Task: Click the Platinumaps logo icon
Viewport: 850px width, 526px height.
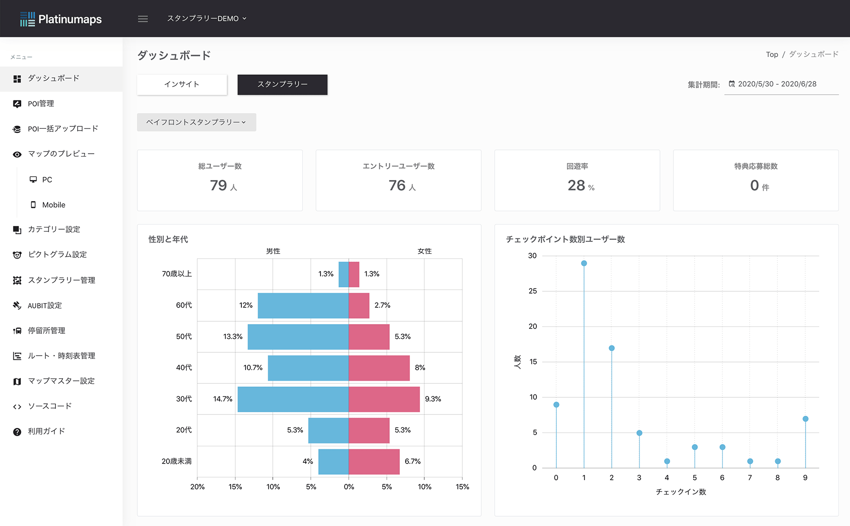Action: [x=27, y=19]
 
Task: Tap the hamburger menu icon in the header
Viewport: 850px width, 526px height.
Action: [x=143, y=19]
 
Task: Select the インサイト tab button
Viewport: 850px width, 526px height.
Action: [x=182, y=84]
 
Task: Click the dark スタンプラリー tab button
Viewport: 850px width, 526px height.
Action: [x=282, y=84]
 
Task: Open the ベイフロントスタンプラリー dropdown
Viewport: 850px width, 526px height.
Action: [x=196, y=122]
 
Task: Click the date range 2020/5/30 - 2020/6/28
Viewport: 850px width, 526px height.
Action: [x=777, y=84]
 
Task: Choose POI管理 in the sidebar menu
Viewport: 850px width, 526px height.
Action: [x=41, y=104]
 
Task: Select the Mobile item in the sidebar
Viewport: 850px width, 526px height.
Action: [x=54, y=205]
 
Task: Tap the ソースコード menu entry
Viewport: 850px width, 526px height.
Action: [x=49, y=406]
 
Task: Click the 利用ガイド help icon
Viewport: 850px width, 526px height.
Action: [x=17, y=432]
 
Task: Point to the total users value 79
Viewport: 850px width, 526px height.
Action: [x=219, y=185]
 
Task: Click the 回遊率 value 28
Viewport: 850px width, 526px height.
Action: [x=576, y=185]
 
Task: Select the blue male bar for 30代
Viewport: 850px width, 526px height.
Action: [x=293, y=399]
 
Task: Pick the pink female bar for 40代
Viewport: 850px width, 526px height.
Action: [x=379, y=368]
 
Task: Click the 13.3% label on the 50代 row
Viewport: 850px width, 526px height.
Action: [x=233, y=337]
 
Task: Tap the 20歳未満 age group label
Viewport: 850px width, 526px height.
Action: [x=176, y=461]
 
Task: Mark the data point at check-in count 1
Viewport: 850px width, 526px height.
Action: [x=584, y=263]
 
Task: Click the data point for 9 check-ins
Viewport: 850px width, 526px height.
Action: [x=805, y=419]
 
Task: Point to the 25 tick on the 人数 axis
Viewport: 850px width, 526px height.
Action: [x=533, y=291]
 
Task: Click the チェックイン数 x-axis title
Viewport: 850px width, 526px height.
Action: [x=681, y=492]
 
